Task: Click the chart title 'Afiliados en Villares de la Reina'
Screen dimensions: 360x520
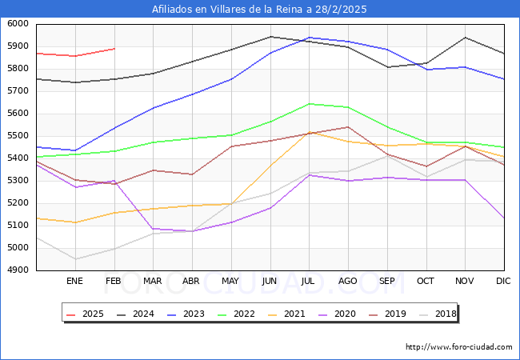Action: [x=259, y=9]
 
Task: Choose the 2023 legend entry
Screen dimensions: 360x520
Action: [x=186, y=314]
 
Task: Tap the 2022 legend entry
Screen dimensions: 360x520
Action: [x=235, y=314]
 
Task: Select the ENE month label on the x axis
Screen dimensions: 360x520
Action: [x=74, y=281]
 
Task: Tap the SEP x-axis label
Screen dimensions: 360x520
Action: [x=387, y=281]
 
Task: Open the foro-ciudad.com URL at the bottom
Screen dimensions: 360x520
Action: [x=459, y=347]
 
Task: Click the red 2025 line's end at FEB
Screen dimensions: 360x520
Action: [x=114, y=49]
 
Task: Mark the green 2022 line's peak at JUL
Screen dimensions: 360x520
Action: [x=309, y=103]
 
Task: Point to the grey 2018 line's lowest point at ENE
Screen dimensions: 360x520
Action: [x=75, y=259]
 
